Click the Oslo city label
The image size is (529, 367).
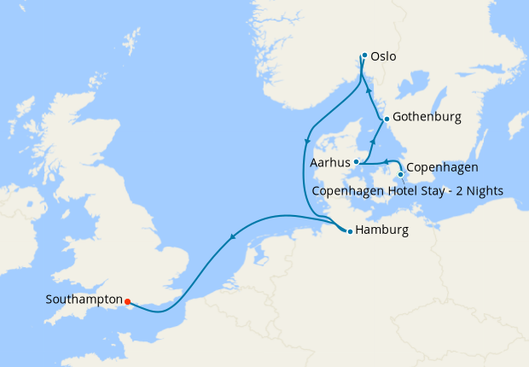click(385, 57)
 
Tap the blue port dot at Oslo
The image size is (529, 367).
click(364, 55)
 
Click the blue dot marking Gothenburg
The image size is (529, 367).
click(387, 119)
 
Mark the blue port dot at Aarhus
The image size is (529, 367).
click(356, 162)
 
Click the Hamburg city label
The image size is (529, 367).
click(382, 230)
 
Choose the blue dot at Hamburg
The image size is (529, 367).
click(349, 231)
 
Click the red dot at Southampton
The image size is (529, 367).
click(126, 301)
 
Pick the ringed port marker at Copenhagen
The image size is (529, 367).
click(400, 174)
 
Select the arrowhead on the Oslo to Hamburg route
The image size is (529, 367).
click(308, 140)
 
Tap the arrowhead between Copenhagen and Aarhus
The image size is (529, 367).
click(384, 160)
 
